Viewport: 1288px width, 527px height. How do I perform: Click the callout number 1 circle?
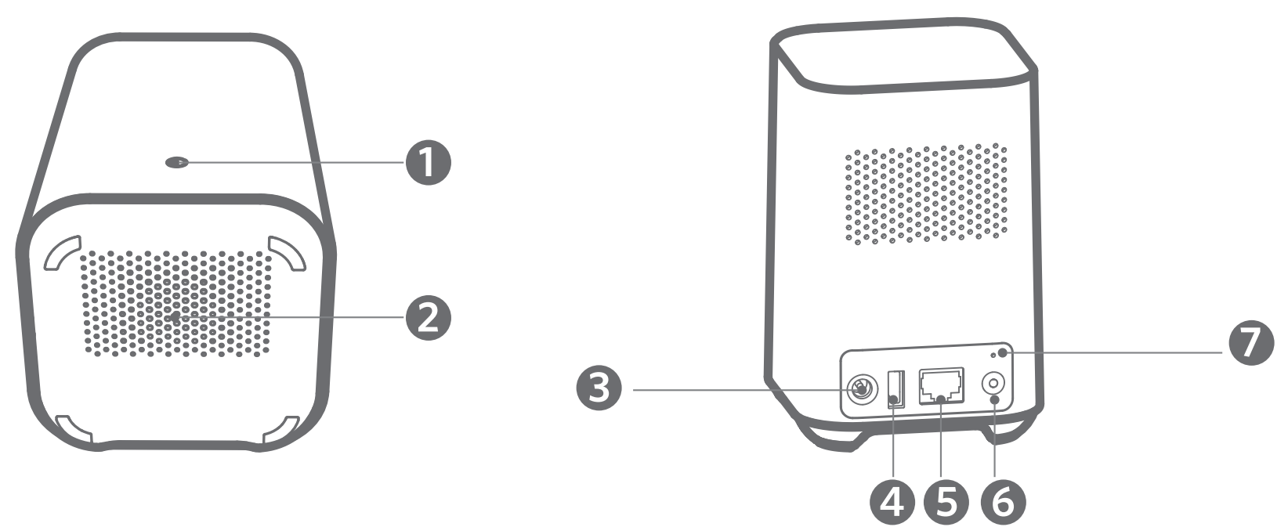tap(428, 163)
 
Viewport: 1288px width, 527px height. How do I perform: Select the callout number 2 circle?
tap(428, 317)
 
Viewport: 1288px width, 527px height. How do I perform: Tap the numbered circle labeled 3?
tap(599, 388)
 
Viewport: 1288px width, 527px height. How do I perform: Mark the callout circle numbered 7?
tap(1251, 344)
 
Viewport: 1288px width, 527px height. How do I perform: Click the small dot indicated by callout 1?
tap(178, 163)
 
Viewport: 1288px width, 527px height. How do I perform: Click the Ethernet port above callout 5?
tap(943, 385)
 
